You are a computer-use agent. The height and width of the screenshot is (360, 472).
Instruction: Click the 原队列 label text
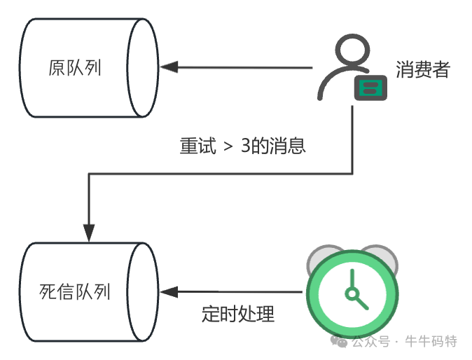point(75,69)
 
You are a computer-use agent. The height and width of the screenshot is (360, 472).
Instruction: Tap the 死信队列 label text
point(75,291)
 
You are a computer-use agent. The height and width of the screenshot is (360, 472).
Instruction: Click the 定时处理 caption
point(237,314)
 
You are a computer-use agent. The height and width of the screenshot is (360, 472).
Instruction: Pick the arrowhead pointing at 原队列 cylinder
point(168,68)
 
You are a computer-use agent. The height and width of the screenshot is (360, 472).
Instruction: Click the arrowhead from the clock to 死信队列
point(168,291)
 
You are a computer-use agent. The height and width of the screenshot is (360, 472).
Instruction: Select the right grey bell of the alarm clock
point(383,258)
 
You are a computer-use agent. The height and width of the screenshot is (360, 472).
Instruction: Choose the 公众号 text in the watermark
point(371,342)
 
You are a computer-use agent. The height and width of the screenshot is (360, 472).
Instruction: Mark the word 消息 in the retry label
point(291,146)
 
